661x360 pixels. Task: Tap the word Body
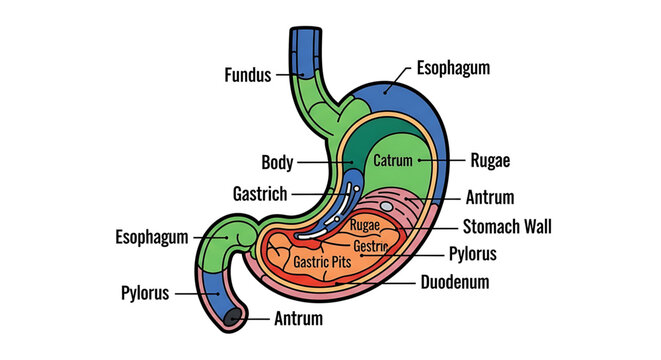[277, 162]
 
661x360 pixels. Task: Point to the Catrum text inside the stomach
[393, 160]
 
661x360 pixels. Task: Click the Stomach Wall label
[512, 225]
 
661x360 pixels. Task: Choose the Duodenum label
[454, 282]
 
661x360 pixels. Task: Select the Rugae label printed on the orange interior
[365, 225]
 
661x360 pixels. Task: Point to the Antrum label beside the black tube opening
[299, 320]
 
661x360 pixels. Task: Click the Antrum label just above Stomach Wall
[490, 196]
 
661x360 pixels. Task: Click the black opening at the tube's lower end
[232, 318]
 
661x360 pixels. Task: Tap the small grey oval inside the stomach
[387, 206]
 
